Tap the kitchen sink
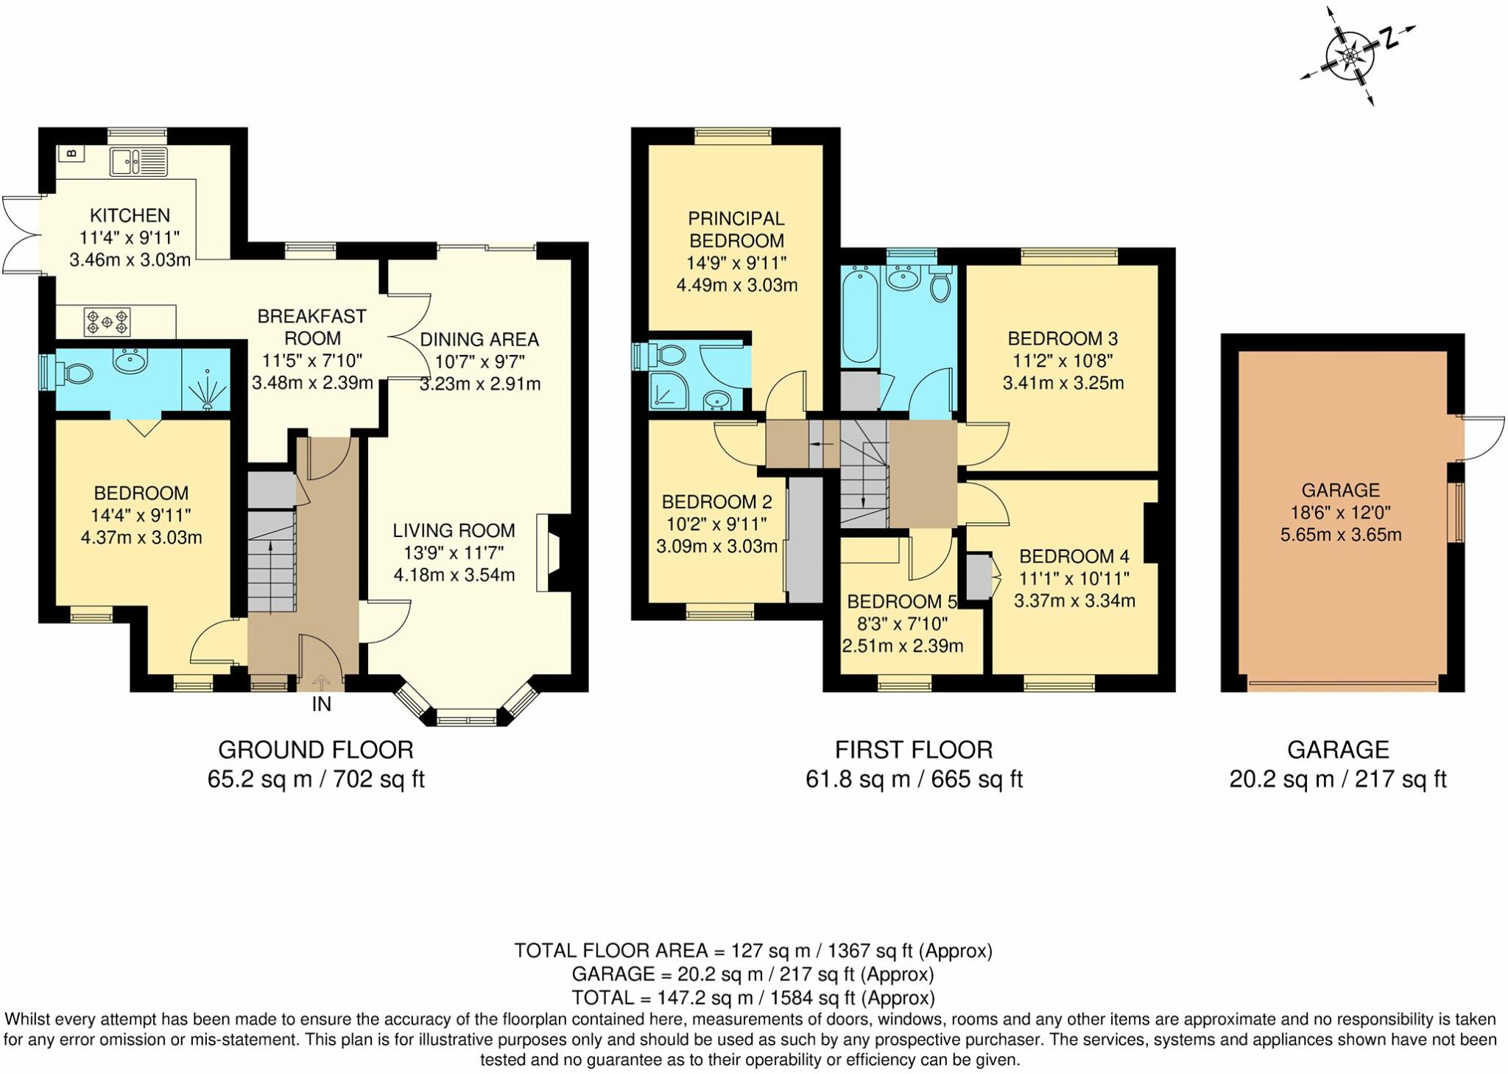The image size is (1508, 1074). [139, 161]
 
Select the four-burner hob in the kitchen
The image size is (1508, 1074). [108, 321]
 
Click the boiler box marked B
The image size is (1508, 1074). [71, 153]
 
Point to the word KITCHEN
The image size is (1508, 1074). [130, 215]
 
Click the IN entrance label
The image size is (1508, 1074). [322, 704]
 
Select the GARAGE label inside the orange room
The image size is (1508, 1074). [1341, 490]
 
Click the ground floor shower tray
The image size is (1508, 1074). [206, 379]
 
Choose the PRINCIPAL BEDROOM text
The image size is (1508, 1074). [736, 229]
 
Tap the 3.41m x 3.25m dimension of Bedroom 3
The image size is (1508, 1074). [1063, 383]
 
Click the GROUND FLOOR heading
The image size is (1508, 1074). [316, 750]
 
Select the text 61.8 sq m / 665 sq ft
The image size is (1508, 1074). [914, 779]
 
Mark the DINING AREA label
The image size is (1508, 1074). [479, 340]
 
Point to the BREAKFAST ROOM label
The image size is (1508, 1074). [312, 327]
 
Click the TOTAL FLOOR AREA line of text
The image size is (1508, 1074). [753, 951]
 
